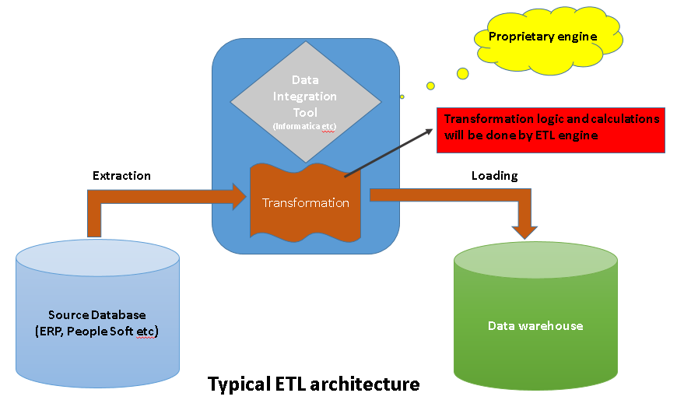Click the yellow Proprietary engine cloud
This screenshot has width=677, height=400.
[x=542, y=37]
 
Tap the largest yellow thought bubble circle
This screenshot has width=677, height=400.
[x=462, y=73]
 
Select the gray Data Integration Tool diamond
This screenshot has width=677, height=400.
[x=305, y=101]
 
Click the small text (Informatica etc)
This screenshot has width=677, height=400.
[x=304, y=125]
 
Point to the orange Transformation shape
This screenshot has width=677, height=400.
[x=305, y=202]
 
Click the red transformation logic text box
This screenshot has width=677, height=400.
[x=551, y=129]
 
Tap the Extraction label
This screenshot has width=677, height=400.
[x=121, y=176]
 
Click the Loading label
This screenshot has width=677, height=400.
[x=494, y=176]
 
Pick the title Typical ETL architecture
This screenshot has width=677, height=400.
[x=314, y=384]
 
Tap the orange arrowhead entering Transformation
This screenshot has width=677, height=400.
[x=237, y=196]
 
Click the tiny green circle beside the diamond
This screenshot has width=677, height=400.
[x=402, y=97]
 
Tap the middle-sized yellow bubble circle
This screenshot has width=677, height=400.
[x=430, y=86]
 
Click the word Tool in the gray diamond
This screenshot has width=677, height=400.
[x=305, y=113]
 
